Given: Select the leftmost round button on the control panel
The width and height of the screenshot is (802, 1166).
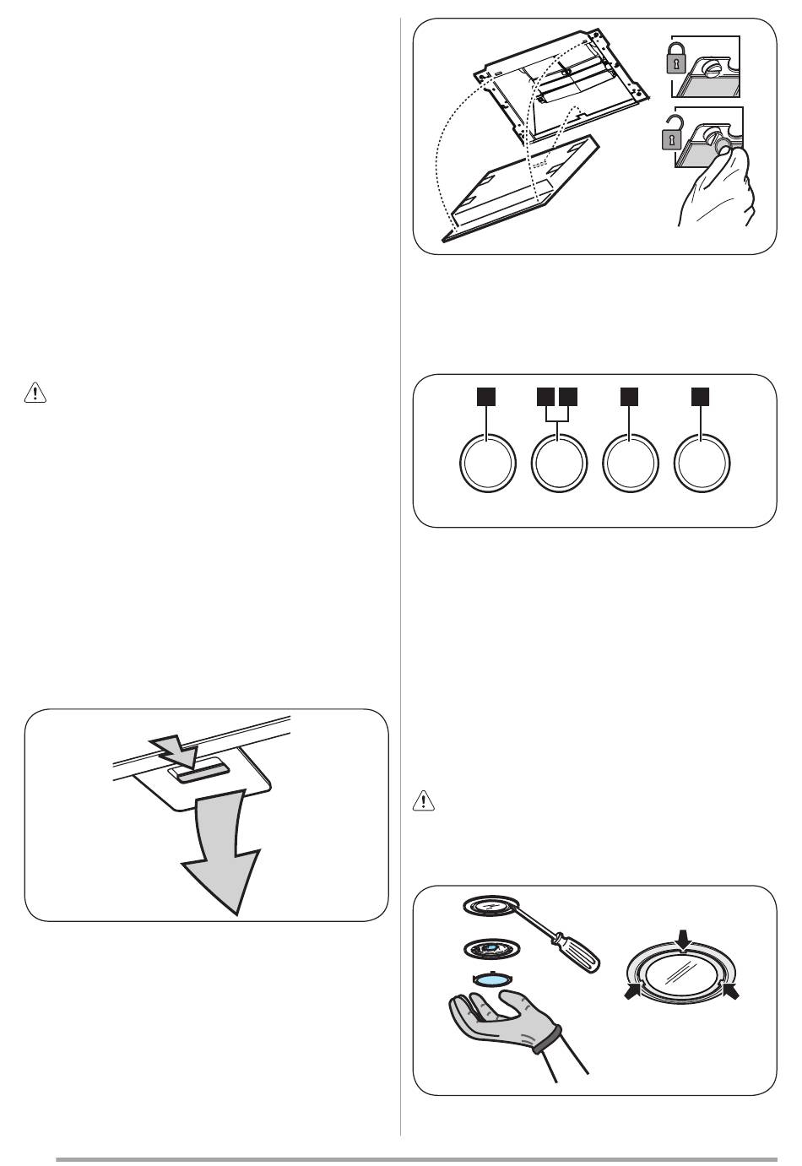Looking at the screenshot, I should click(x=487, y=463).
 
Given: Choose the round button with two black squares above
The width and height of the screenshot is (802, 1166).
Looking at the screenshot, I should click(x=559, y=463).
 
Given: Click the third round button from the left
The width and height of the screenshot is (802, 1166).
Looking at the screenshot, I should click(x=631, y=463).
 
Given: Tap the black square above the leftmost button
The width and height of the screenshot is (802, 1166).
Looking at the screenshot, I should click(x=486, y=394).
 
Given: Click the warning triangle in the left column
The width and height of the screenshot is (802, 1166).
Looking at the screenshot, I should click(x=34, y=393).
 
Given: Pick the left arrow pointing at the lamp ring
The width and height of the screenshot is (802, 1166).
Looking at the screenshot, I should click(x=632, y=995).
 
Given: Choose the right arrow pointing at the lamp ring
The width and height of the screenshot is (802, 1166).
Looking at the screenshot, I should click(x=731, y=992).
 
